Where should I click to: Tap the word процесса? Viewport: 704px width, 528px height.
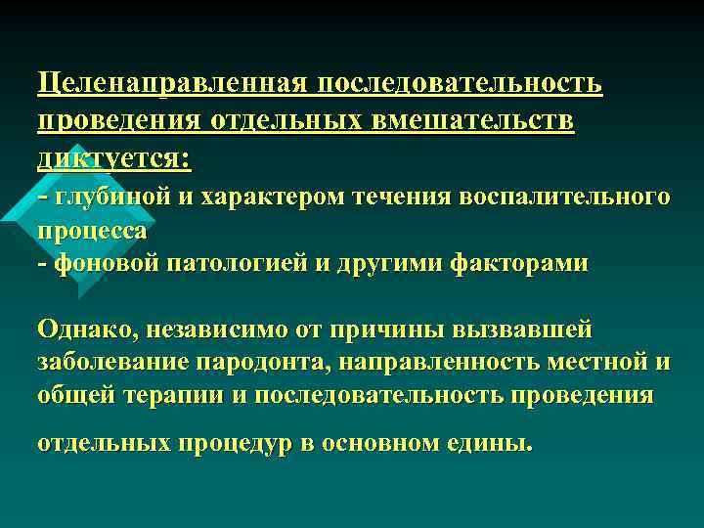pyautogui.click(x=92, y=231)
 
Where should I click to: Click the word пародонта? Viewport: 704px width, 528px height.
pyautogui.click(x=258, y=362)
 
